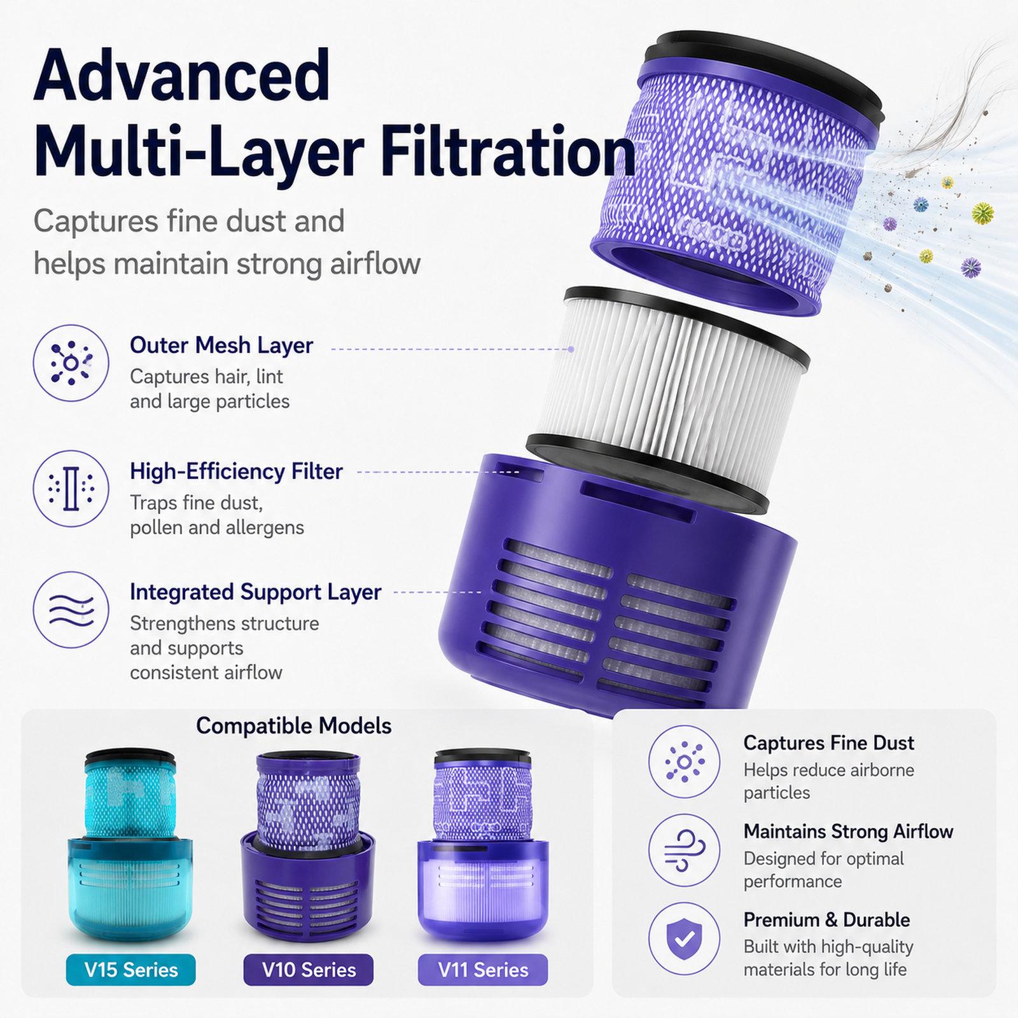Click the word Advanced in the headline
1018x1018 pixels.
182,76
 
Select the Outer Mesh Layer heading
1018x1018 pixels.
221,345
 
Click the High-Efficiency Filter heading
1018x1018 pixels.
236,471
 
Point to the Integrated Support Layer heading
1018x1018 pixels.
255,592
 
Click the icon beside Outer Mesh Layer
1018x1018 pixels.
71,363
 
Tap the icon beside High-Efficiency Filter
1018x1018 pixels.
71,489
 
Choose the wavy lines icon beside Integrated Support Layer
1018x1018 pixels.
71,610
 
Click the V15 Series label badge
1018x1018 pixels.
131,970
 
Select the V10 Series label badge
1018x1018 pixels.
309,970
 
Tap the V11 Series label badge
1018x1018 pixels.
483,970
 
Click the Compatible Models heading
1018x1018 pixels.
293,726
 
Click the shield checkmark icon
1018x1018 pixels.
684,938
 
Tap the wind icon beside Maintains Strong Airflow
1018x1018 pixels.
684,850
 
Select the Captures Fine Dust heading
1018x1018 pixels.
828,743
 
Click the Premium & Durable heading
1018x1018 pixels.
826,920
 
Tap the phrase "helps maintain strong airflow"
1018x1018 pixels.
227,263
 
